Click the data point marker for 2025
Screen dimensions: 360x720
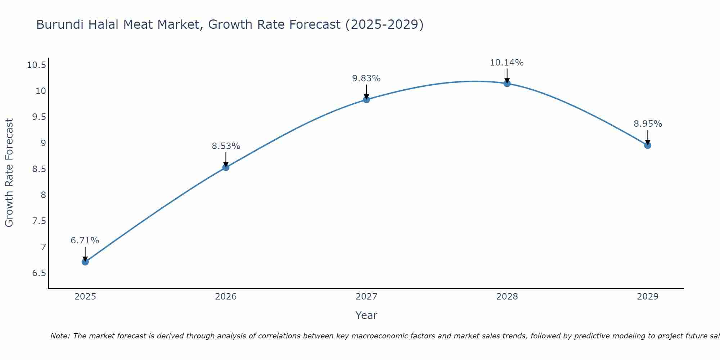[x=85, y=262]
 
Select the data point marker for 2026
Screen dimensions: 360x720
[x=226, y=167]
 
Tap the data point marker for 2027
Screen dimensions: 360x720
[x=366, y=99]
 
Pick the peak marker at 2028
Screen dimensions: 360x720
[x=507, y=84]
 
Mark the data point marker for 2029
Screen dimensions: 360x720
[x=648, y=145]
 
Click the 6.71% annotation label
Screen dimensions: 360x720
[x=85, y=240]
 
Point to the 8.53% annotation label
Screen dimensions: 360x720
[x=226, y=146]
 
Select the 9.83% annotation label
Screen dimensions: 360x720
[x=366, y=78]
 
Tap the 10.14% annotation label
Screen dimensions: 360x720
[x=507, y=63]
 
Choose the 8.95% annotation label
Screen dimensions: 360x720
[x=648, y=124]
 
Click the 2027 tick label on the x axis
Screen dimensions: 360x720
[x=366, y=297]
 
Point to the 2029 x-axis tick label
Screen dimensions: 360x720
[x=648, y=297]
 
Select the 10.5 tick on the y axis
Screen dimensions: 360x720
[x=36, y=65]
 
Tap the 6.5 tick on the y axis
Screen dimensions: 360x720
[x=39, y=273]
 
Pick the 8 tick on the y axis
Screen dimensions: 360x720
[x=43, y=195]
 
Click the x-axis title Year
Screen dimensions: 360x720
[x=366, y=315]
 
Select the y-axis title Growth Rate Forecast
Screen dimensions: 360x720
[x=9, y=172]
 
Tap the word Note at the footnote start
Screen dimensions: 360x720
[x=60, y=336]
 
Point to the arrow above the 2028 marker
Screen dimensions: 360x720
[x=507, y=75]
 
